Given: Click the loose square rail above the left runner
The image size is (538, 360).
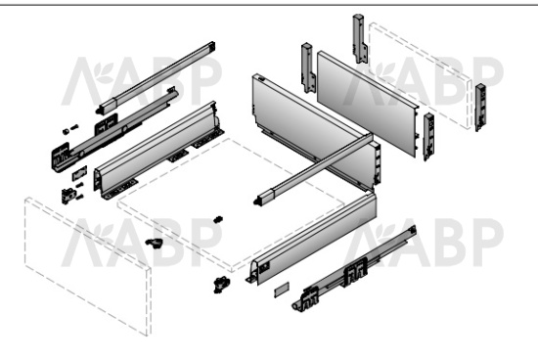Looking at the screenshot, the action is [x=157, y=77].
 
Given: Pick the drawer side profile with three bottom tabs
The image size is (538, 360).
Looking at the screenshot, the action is [x=158, y=150].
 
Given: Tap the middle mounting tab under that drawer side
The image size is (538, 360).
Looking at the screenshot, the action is [x=179, y=156].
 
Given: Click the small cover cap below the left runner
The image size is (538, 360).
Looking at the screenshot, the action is [x=79, y=173].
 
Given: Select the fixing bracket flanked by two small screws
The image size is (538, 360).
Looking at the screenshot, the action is [x=68, y=196].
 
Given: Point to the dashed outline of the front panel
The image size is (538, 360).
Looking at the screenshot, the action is [x=87, y=266].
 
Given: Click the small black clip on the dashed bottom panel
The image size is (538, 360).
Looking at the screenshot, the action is [x=218, y=219].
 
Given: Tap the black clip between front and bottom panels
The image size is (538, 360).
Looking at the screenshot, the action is [x=155, y=243].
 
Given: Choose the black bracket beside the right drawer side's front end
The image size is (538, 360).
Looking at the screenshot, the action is [x=221, y=284].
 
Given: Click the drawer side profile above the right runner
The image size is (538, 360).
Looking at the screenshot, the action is [x=312, y=238].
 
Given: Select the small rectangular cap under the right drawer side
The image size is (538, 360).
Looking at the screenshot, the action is [x=282, y=290].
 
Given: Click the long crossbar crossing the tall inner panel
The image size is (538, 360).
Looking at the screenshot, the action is [x=313, y=169].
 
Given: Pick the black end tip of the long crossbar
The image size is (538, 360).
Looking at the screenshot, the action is [x=256, y=202].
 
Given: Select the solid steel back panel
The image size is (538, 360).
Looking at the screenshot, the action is [x=368, y=104].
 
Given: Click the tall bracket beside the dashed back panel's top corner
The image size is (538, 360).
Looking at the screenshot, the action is [x=359, y=38].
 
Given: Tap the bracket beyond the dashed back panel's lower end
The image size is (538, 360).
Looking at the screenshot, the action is [x=480, y=107].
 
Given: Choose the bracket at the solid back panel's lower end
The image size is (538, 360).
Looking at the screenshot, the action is [x=428, y=136].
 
